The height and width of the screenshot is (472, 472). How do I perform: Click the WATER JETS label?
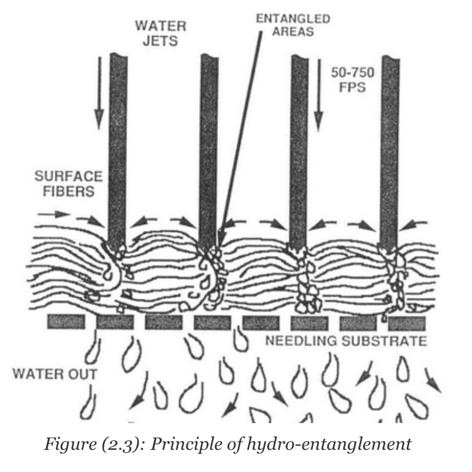coord(154,33)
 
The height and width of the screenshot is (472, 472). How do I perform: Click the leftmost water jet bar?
coord(118,146)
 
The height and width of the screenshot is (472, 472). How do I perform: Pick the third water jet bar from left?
coord(299,146)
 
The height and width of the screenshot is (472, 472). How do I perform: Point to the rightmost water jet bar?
coord(389,146)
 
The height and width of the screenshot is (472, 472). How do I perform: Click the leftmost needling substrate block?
coord(65,321)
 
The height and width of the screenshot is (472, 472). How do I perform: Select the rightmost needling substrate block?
coord(407,321)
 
